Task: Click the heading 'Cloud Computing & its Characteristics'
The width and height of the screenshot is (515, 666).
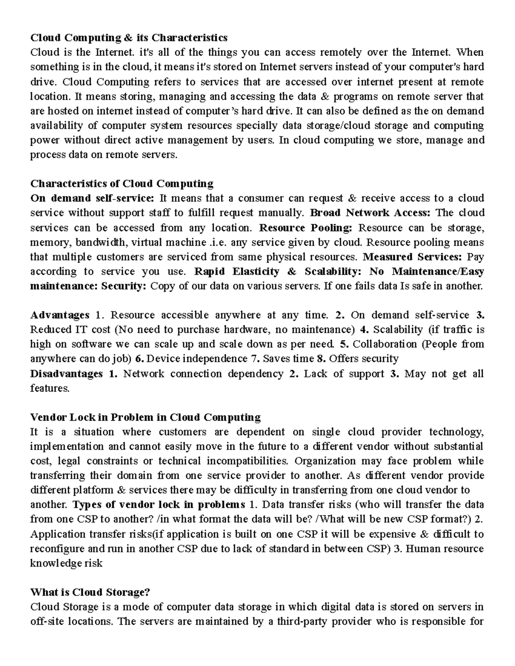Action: click(128, 38)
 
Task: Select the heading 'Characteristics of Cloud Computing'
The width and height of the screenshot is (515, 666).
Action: click(121, 184)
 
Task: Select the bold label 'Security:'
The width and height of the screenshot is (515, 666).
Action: click(124, 286)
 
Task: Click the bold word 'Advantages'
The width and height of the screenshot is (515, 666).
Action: click(60, 315)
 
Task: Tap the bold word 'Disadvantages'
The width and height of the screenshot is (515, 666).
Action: click(67, 374)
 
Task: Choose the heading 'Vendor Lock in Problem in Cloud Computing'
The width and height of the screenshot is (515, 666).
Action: click(145, 417)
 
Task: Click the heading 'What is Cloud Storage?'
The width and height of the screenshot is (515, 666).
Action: click(90, 593)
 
